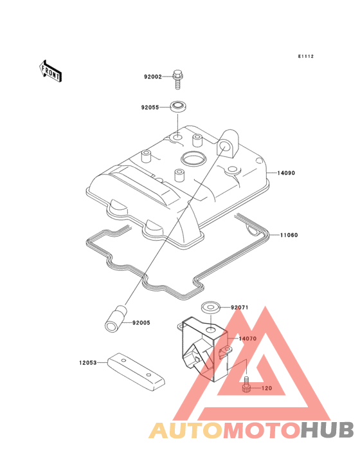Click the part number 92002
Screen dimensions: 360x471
click(153, 77)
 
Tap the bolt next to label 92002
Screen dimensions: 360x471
click(178, 80)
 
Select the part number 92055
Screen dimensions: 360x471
click(150, 107)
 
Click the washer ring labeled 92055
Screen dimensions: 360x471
click(178, 107)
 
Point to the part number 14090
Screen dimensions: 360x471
click(286, 173)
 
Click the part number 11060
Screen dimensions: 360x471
click(289, 235)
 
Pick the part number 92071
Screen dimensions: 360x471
click(240, 308)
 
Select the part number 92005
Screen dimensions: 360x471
click(141, 322)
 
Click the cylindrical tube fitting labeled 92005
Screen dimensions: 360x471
click(116, 319)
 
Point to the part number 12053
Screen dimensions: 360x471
click(88, 363)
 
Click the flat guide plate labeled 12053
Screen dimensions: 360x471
click(136, 372)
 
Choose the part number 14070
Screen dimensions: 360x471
click(248, 338)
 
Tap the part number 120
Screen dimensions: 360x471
click(267, 388)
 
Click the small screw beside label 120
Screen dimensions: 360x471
click(246, 384)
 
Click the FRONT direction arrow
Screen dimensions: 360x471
click(50, 71)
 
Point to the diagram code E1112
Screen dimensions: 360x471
click(306, 56)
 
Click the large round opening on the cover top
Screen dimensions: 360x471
click(193, 158)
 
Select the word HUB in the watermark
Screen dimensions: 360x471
click(327, 430)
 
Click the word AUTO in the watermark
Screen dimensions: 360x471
click(186, 430)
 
